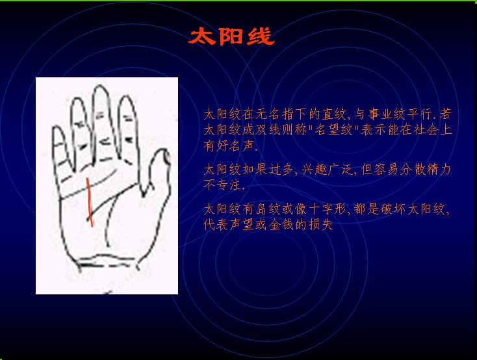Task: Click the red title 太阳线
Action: coord(231,36)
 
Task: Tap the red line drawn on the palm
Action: coord(89,202)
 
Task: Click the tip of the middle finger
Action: coord(100,86)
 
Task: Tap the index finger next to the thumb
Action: coord(128,128)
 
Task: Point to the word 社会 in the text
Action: coord(426,130)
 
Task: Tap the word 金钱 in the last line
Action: coord(282,225)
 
